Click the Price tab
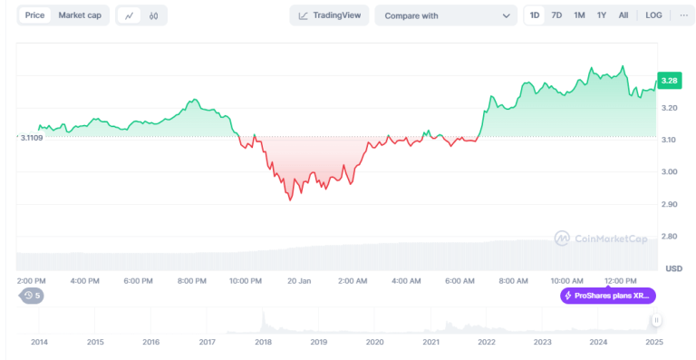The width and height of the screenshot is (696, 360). (35, 15)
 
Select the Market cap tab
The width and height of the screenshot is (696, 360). (80, 15)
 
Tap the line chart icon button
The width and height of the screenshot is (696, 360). (130, 15)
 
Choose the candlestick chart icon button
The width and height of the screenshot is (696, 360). (154, 15)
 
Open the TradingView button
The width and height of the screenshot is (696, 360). (329, 15)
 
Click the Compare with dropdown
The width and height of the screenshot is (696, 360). (446, 15)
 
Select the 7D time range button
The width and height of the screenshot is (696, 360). (556, 15)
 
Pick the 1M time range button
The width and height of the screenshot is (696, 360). (579, 15)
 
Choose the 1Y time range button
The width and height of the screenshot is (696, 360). (602, 15)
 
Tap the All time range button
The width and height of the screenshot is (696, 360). (623, 15)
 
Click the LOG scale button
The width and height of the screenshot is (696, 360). (653, 15)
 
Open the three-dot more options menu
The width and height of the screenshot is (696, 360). (683, 15)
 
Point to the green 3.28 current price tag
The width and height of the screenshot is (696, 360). (670, 82)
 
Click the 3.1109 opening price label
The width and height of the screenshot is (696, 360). (32, 137)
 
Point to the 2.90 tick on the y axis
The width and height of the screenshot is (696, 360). (671, 204)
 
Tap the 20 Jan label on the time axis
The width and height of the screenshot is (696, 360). (298, 281)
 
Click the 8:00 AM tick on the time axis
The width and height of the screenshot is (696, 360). (513, 281)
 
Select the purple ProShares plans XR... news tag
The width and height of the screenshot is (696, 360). (607, 296)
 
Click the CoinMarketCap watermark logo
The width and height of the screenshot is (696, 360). (602, 238)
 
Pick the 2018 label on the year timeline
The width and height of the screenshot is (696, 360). (263, 342)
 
